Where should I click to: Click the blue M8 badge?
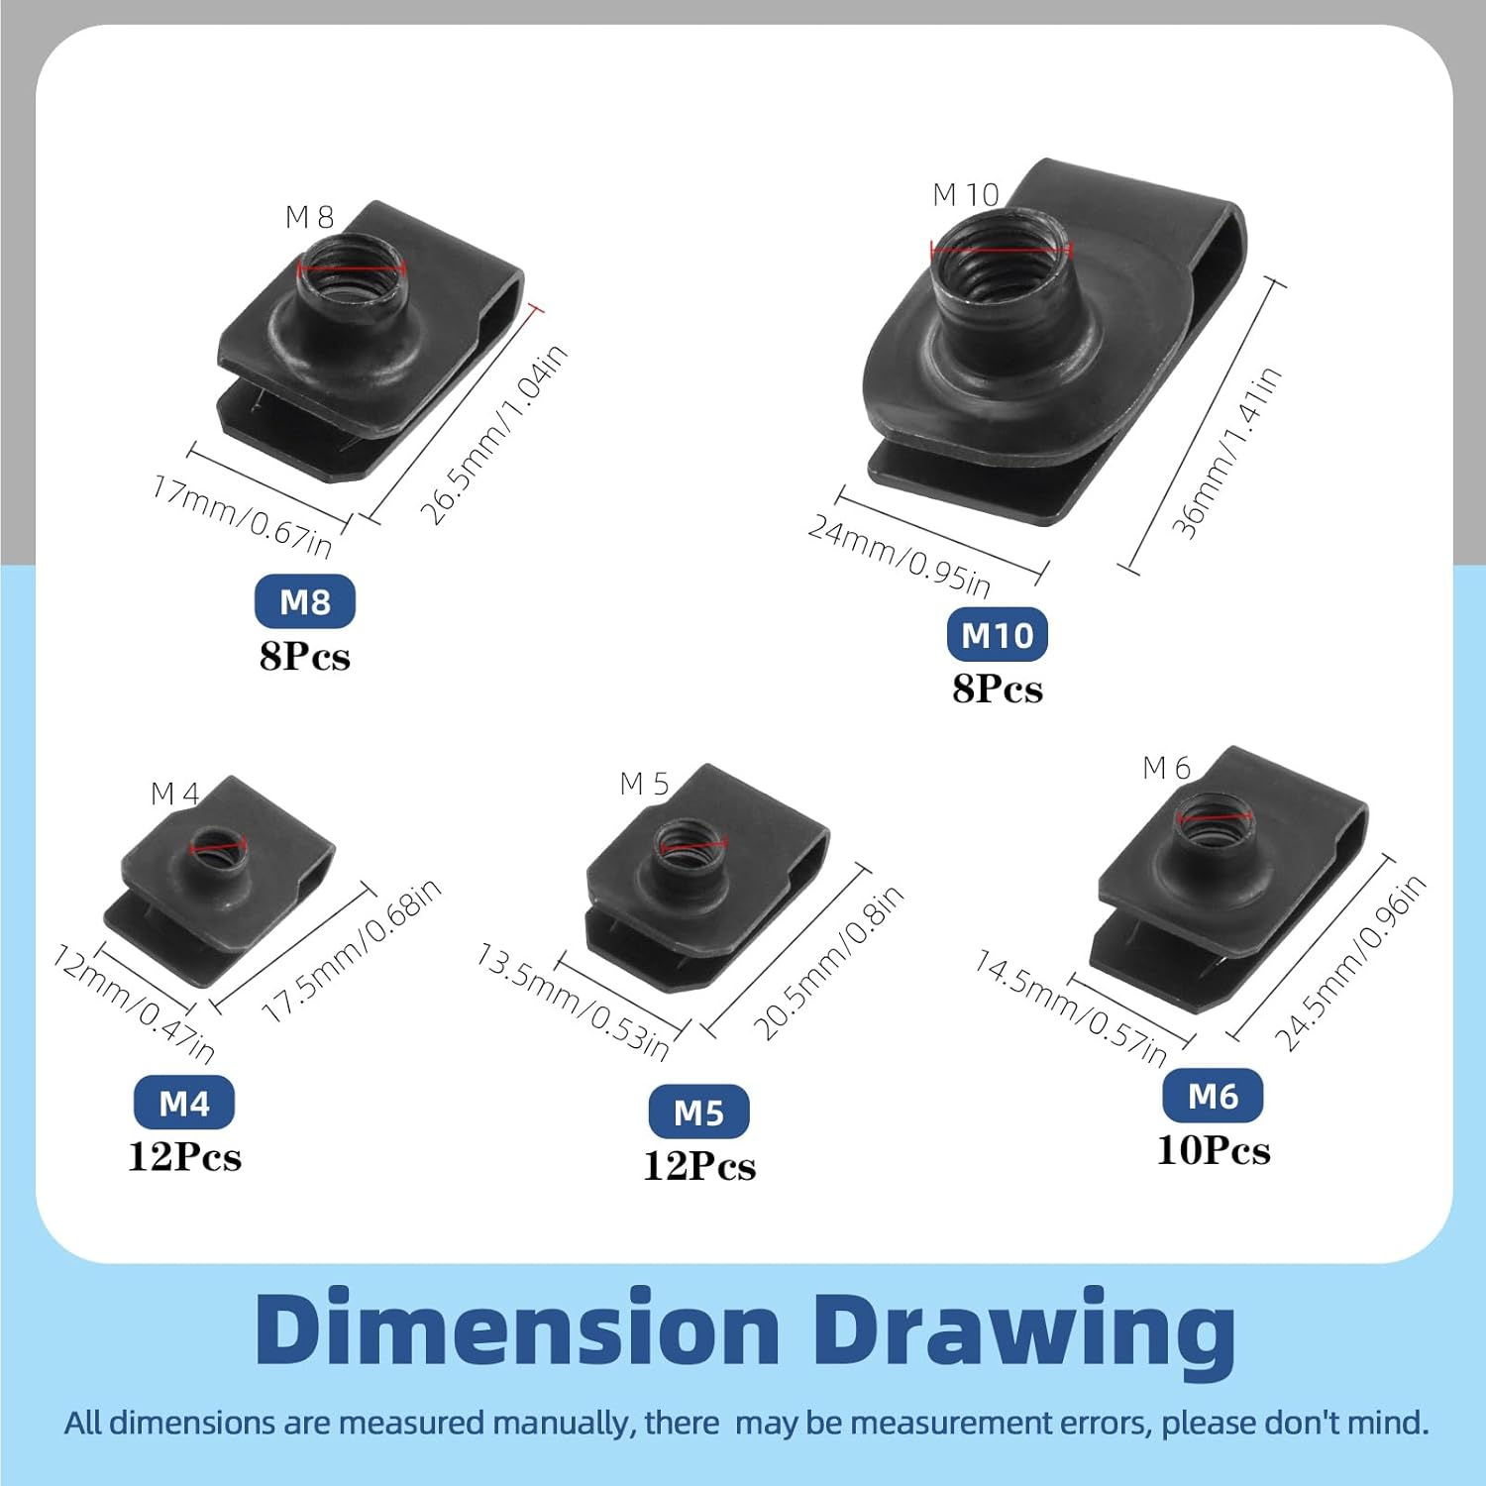click(304, 601)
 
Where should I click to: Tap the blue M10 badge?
click(997, 634)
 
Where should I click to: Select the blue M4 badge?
click(184, 1103)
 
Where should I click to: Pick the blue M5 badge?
click(698, 1113)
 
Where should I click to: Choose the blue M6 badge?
click(1213, 1096)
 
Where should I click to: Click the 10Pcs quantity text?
click(1214, 1150)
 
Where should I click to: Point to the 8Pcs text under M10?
click(998, 689)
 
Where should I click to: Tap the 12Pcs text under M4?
click(184, 1157)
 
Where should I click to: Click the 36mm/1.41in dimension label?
click(1227, 453)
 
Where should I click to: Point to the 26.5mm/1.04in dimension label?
click(493, 435)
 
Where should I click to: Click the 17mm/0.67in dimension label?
click(242, 516)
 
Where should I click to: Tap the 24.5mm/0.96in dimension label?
click(1350, 963)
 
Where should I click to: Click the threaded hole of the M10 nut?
click(1002, 258)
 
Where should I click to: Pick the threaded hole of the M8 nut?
click(352, 271)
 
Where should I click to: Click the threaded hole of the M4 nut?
click(218, 846)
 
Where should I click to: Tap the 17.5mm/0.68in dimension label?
click(352, 951)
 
